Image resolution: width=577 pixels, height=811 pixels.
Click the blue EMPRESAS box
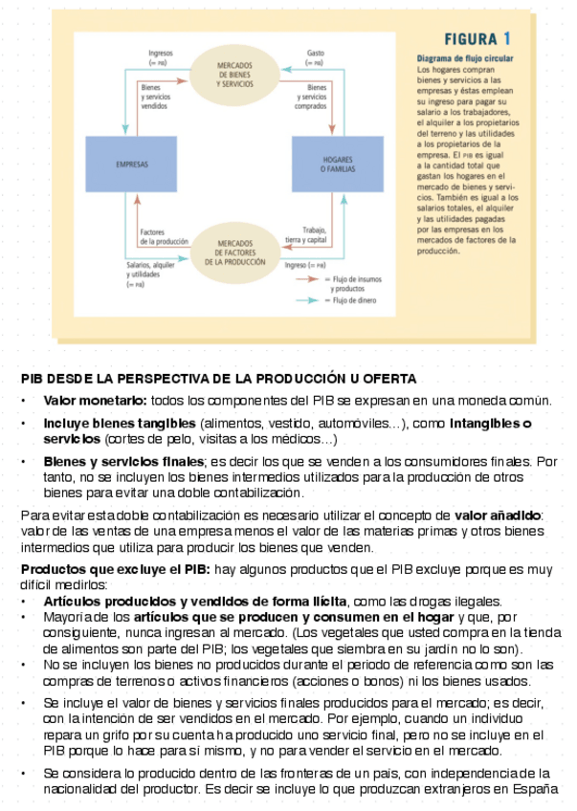coord(132,164)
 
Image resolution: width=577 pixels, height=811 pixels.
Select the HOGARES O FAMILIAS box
coord(337,164)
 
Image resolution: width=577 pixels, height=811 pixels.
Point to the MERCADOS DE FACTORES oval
coord(234,251)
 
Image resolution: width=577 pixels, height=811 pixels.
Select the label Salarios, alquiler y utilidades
coord(150,271)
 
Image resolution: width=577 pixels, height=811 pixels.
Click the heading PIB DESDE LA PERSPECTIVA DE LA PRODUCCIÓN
coord(218,379)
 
